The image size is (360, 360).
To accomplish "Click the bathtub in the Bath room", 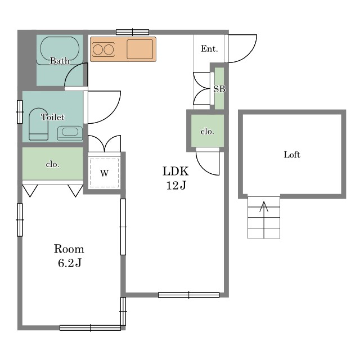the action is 60,49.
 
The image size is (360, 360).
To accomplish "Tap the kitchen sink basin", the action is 140,49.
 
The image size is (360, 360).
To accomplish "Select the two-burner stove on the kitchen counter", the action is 103,49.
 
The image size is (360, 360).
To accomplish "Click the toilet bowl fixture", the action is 38,124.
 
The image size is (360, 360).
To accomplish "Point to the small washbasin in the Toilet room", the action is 70,133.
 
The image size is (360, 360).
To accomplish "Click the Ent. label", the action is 209,49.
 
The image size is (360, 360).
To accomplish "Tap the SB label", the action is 219,89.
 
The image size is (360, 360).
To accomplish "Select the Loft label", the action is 292,155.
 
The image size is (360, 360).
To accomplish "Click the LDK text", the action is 175,171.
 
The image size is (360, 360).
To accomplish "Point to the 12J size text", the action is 176,185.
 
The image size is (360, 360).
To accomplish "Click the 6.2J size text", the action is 70,263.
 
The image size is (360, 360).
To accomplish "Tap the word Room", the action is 69,249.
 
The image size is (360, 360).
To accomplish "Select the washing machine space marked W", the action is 104,173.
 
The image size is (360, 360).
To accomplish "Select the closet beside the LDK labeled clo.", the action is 208,130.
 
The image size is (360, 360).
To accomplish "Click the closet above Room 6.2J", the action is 52,164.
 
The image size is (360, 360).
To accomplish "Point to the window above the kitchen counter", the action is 133,32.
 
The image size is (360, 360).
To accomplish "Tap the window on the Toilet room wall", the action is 20,112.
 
